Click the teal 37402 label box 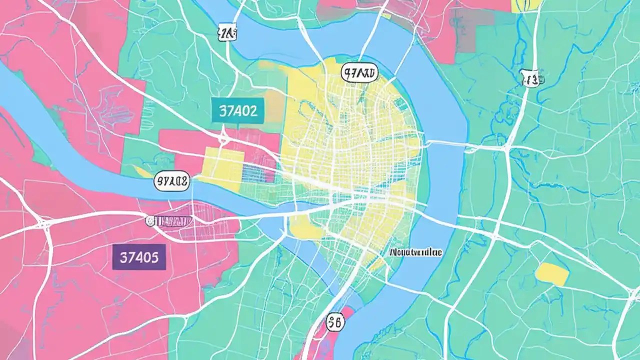pos(238,110)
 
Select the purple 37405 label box pos(139,257)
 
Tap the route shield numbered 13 pos(530,78)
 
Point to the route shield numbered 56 pos(335,323)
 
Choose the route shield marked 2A pos(227,33)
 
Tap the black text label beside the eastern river pos(415,252)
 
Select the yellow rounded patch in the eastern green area pos(552,274)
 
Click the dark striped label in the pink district pos(168,220)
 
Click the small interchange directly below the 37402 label pos(223,138)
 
